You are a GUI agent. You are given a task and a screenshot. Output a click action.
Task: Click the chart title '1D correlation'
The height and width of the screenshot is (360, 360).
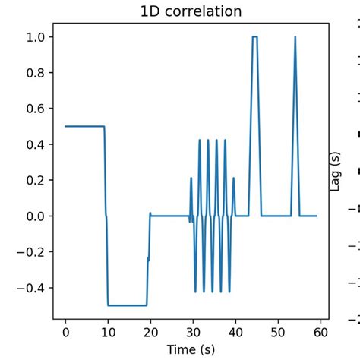[191, 11]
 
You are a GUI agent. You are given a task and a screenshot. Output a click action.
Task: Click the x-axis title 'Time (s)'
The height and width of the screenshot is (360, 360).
[191, 349]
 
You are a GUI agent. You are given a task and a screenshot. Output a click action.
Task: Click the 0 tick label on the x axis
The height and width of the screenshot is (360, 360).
[65, 332]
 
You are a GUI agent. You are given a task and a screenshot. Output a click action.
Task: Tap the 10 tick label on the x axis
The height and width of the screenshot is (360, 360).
[108, 332]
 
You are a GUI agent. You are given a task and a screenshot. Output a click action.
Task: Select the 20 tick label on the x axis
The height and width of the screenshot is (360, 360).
[150, 332]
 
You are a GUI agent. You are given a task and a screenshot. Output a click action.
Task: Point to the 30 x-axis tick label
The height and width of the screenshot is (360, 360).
[192, 332]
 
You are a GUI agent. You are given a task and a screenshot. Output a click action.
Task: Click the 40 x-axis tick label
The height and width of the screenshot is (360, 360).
[235, 332]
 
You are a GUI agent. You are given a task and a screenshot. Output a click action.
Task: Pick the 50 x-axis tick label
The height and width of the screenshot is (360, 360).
[277, 332]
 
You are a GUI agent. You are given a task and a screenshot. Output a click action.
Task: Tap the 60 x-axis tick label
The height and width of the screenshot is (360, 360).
[319, 332]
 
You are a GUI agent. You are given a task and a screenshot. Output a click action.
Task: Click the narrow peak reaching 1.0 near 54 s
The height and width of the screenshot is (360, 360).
[295, 38]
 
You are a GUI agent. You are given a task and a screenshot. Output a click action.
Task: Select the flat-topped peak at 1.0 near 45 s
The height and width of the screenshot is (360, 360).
[254, 37]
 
